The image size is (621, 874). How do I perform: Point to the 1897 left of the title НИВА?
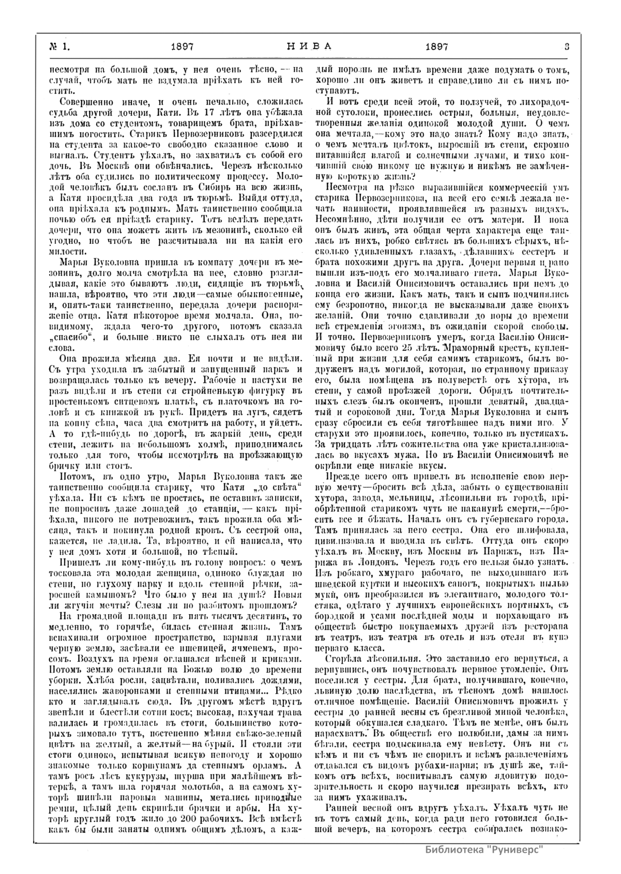point(182,46)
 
